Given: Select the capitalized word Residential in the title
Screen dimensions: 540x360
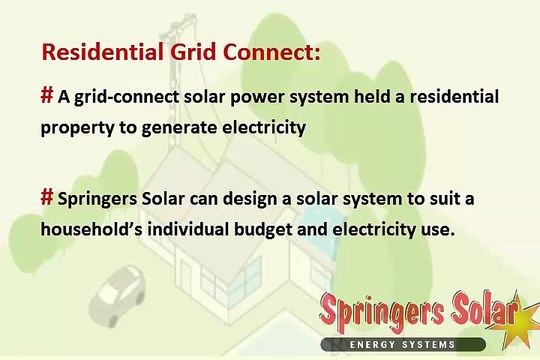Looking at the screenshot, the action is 103,52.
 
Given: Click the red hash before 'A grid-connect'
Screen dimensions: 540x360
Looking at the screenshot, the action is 47,95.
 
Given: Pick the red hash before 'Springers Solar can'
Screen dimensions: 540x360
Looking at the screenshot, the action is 47,197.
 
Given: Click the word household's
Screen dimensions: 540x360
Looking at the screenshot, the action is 92,229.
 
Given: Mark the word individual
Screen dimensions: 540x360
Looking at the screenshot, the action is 188,229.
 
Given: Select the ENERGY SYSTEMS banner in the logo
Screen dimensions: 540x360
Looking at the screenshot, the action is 403,344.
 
